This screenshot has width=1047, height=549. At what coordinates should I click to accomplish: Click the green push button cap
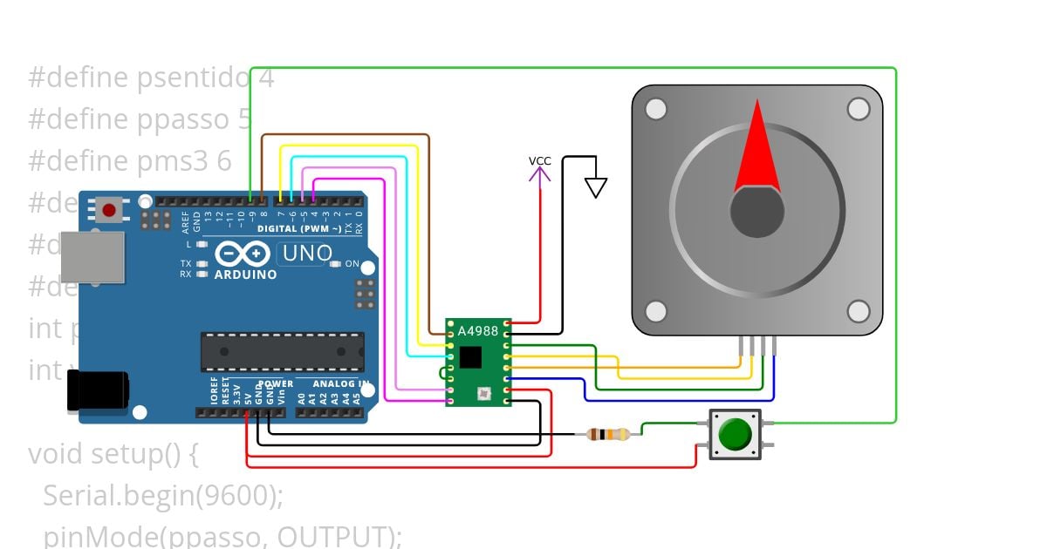[735, 433]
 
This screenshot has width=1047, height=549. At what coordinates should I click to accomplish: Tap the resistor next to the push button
[608, 434]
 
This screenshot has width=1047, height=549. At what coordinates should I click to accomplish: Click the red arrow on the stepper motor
[756, 147]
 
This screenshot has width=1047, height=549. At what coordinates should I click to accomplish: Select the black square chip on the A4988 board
[470, 356]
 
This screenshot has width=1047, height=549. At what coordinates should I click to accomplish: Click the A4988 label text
[478, 331]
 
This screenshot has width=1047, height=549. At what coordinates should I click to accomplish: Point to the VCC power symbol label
[540, 161]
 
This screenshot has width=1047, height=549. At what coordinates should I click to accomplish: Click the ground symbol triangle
[596, 187]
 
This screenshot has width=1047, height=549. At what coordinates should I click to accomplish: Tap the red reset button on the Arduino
[109, 210]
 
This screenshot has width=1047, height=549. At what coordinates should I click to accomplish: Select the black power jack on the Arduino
[98, 391]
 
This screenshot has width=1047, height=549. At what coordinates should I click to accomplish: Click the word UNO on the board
[305, 254]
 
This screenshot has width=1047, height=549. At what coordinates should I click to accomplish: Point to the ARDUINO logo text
[245, 274]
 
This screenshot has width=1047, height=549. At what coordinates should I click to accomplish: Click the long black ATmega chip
[283, 351]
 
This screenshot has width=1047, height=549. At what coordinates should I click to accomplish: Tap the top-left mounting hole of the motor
[655, 109]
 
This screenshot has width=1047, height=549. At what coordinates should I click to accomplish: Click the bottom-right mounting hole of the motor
[859, 311]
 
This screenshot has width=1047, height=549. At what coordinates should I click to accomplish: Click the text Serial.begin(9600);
[163, 495]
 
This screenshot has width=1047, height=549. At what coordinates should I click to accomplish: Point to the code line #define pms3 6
[130, 161]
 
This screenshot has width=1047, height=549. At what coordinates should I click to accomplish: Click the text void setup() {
[114, 454]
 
